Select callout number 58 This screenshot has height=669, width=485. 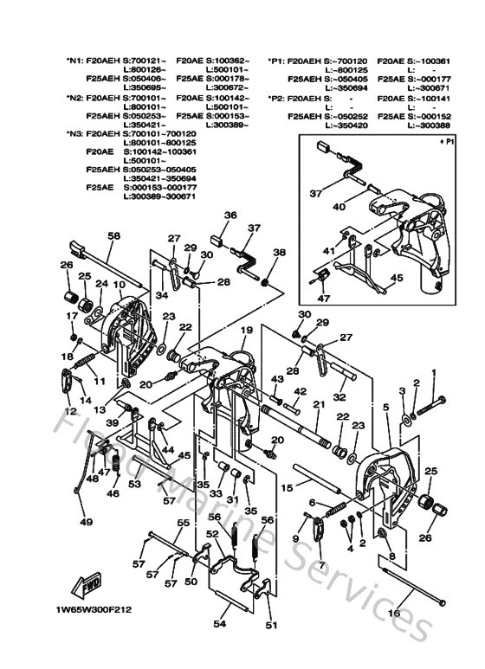point(113,235)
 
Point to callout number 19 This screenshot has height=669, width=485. point(246,330)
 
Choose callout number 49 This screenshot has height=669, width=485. point(85,522)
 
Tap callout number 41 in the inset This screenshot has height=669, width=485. point(327,250)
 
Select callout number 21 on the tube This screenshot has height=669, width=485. point(318,405)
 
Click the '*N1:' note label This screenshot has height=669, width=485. point(75,61)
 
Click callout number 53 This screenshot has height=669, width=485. point(134,484)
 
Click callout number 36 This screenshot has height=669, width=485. point(230,215)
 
